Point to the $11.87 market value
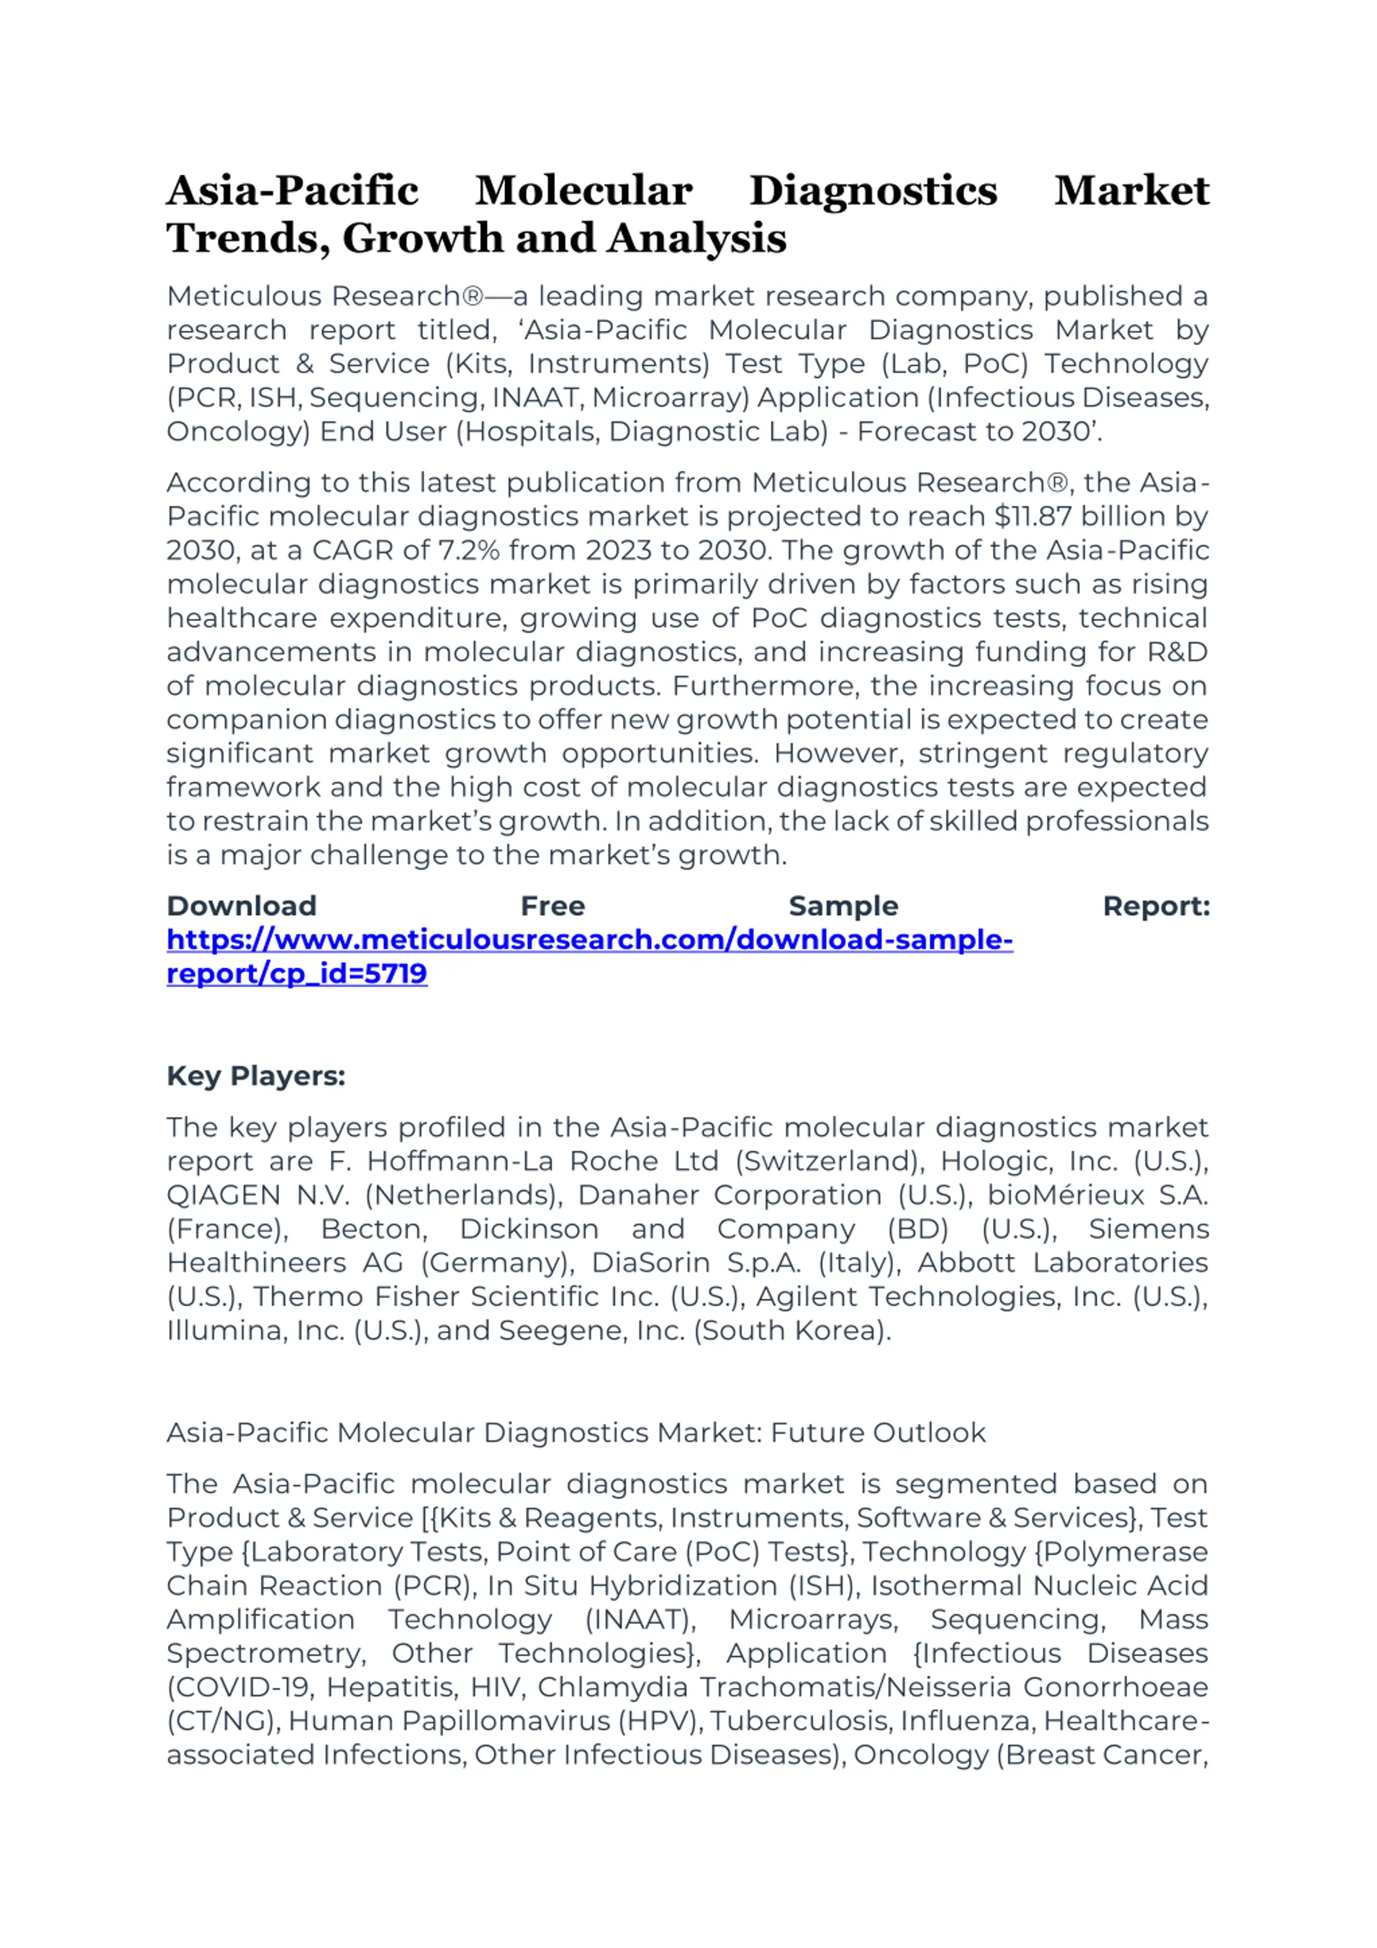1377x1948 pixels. [1033, 516]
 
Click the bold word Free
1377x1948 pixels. [552, 906]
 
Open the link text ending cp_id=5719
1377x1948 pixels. [297, 974]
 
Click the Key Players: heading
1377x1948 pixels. [256, 1076]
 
